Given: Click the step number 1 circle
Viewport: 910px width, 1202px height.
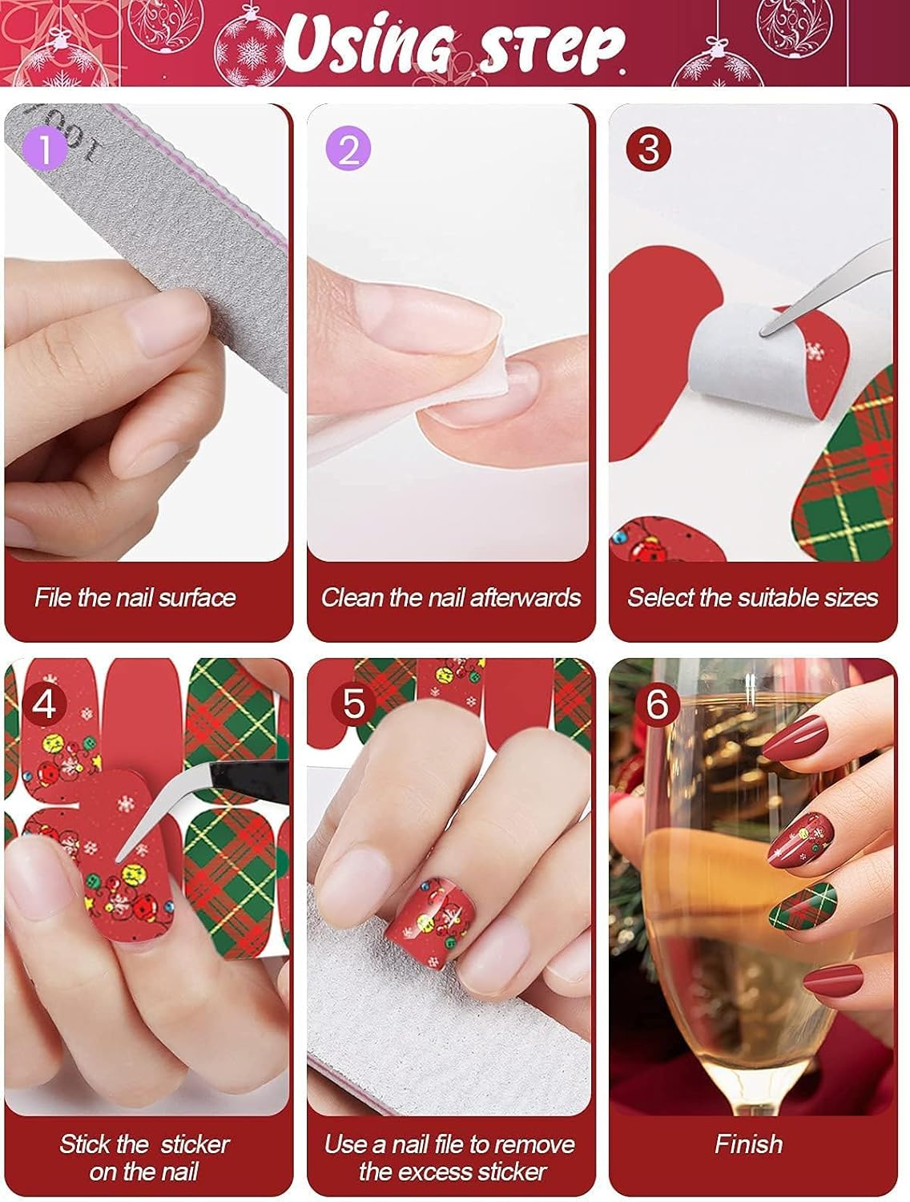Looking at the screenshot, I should pos(46,148).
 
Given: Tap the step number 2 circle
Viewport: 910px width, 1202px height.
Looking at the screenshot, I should pos(348,148).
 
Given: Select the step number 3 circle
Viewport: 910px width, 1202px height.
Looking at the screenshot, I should pos(649,148).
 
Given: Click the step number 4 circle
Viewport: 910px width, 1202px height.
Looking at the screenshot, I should pos(44,703).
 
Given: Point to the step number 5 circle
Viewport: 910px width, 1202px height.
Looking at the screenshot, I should pos(353,703).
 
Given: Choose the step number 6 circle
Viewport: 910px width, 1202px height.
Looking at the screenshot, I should pos(656,703).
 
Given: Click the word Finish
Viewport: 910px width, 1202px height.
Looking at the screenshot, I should pos(748,1144).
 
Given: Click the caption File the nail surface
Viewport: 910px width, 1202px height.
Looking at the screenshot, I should pos(135,597).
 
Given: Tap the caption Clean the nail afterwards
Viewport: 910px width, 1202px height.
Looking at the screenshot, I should pos(450,597).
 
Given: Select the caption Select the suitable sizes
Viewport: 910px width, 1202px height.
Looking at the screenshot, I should pos(752,597).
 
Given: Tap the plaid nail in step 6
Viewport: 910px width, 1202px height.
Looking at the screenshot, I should pos(801,906).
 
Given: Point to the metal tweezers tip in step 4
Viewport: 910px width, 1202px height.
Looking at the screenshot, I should pos(128,853).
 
